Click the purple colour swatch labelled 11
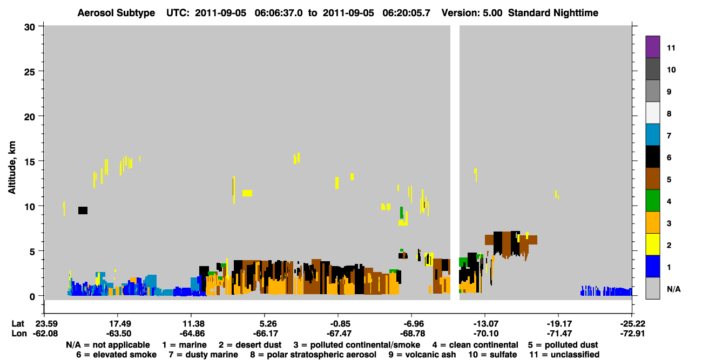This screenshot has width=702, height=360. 652,46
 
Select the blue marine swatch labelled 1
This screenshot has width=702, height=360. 652,266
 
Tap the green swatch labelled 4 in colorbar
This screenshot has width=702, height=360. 652,201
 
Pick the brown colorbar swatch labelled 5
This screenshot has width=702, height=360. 652,179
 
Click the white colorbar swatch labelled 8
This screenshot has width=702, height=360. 652,113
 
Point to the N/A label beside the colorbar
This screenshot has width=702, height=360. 673,289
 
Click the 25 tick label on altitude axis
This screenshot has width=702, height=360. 30,72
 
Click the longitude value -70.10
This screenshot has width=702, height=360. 485,334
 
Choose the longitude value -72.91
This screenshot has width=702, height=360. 632,334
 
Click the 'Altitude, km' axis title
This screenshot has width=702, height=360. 11,168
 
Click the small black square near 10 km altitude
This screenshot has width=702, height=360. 83,210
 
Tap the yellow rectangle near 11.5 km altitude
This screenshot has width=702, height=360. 247,193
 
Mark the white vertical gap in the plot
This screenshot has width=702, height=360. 455,162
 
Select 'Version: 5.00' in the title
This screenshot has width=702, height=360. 471,13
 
